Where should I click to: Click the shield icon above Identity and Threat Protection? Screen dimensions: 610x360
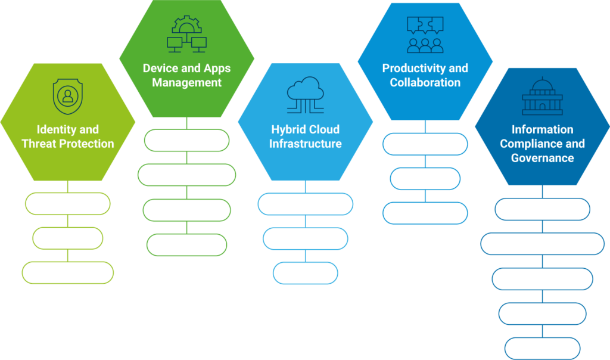(68, 97)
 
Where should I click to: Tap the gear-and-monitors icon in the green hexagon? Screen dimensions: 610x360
(186, 34)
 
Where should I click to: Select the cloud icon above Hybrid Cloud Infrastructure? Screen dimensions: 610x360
(306, 95)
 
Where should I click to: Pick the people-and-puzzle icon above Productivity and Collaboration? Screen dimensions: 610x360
(425, 35)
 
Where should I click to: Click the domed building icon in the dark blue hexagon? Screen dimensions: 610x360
(542, 96)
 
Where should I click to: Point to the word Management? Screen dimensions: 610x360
(186, 83)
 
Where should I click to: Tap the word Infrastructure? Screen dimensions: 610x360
(306, 144)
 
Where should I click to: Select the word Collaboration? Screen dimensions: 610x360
(425, 82)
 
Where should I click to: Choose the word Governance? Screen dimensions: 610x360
(542, 158)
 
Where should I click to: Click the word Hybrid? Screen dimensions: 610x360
(286, 129)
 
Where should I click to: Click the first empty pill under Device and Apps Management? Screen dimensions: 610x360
(186, 140)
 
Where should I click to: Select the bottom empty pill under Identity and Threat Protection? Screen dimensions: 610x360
(68, 272)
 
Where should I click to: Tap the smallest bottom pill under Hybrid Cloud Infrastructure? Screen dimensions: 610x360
(306, 273)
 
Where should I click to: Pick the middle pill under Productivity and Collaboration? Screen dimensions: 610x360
(425, 179)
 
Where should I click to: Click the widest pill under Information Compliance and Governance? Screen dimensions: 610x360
(542, 244)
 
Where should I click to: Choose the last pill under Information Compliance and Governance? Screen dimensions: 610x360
(542, 348)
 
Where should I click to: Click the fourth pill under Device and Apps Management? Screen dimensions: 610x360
(186, 245)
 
